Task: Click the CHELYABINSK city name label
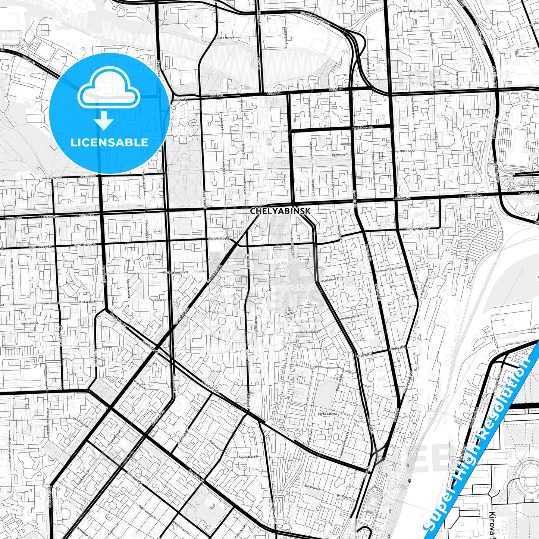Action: pos(280,211)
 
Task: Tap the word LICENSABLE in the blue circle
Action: pos(109,142)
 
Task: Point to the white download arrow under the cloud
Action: pos(104,121)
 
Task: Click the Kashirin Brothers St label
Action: pos(315,18)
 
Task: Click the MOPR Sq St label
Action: pos(407,151)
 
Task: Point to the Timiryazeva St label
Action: pos(417,228)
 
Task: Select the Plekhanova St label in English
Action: pos(330,279)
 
